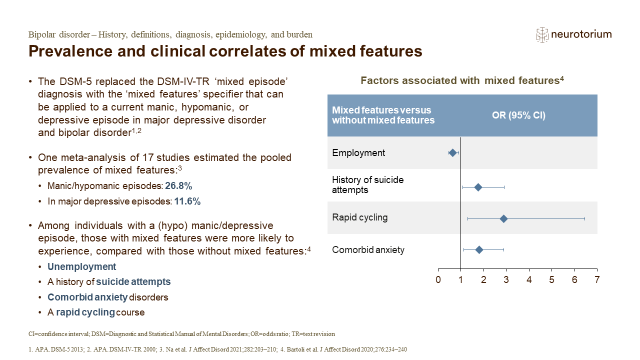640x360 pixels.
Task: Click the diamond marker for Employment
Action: point(452,153)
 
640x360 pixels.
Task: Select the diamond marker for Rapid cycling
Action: point(503,219)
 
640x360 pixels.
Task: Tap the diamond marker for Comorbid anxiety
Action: point(479,250)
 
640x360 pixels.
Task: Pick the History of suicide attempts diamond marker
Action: point(478,187)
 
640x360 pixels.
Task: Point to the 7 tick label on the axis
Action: point(597,279)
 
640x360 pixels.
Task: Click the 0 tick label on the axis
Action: point(438,279)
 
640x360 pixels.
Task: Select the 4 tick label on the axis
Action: point(529,279)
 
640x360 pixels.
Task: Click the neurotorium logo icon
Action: point(542,35)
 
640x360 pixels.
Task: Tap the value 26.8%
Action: point(178,186)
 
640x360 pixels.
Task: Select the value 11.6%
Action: point(187,201)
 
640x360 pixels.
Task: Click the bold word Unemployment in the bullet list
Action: point(81,266)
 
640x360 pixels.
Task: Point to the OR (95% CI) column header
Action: point(518,115)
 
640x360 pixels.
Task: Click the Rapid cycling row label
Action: point(359,217)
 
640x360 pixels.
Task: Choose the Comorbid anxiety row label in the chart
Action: point(368,250)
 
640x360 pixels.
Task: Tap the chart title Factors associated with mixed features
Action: point(460,80)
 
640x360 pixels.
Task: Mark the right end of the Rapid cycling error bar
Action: point(585,219)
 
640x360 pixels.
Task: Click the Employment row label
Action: point(358,153)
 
